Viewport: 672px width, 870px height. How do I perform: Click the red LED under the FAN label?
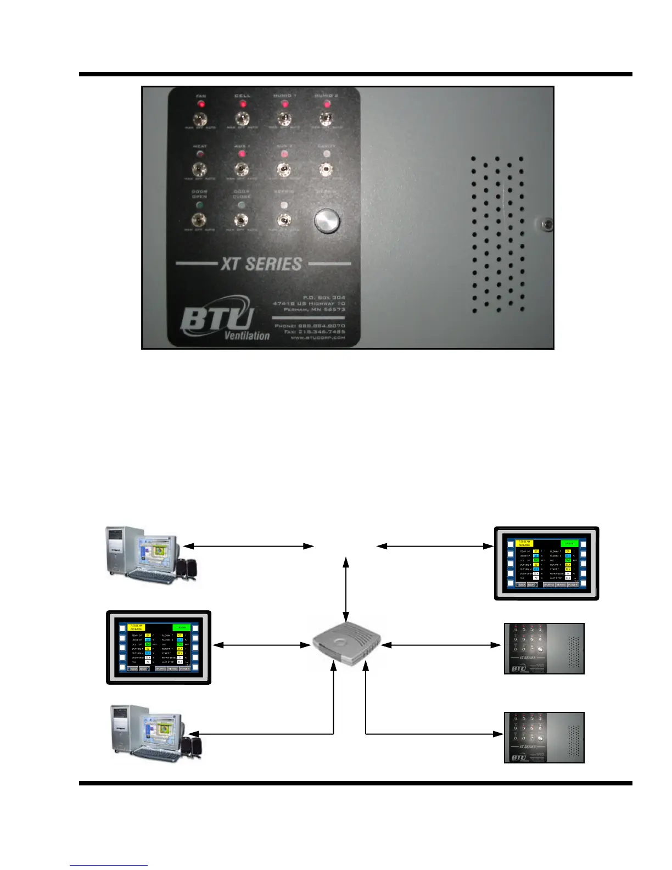[x=201, y=104]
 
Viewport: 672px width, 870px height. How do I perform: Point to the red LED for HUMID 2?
[x=327, y=104]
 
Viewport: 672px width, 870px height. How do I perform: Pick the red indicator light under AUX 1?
[x=242, y=154]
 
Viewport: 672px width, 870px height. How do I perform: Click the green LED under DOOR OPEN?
[x=199, y=205]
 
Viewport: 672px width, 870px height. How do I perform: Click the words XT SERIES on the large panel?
[x=261, y=264]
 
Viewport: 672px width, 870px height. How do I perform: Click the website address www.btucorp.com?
[x=318, y=338]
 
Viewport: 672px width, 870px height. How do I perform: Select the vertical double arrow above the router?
[x=346, y=589]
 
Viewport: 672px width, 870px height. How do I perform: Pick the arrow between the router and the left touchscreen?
[x=261, y=645]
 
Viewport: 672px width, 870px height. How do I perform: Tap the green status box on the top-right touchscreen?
[x=569, y=544]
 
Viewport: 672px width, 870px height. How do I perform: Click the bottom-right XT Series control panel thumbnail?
[x=544, y=738]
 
